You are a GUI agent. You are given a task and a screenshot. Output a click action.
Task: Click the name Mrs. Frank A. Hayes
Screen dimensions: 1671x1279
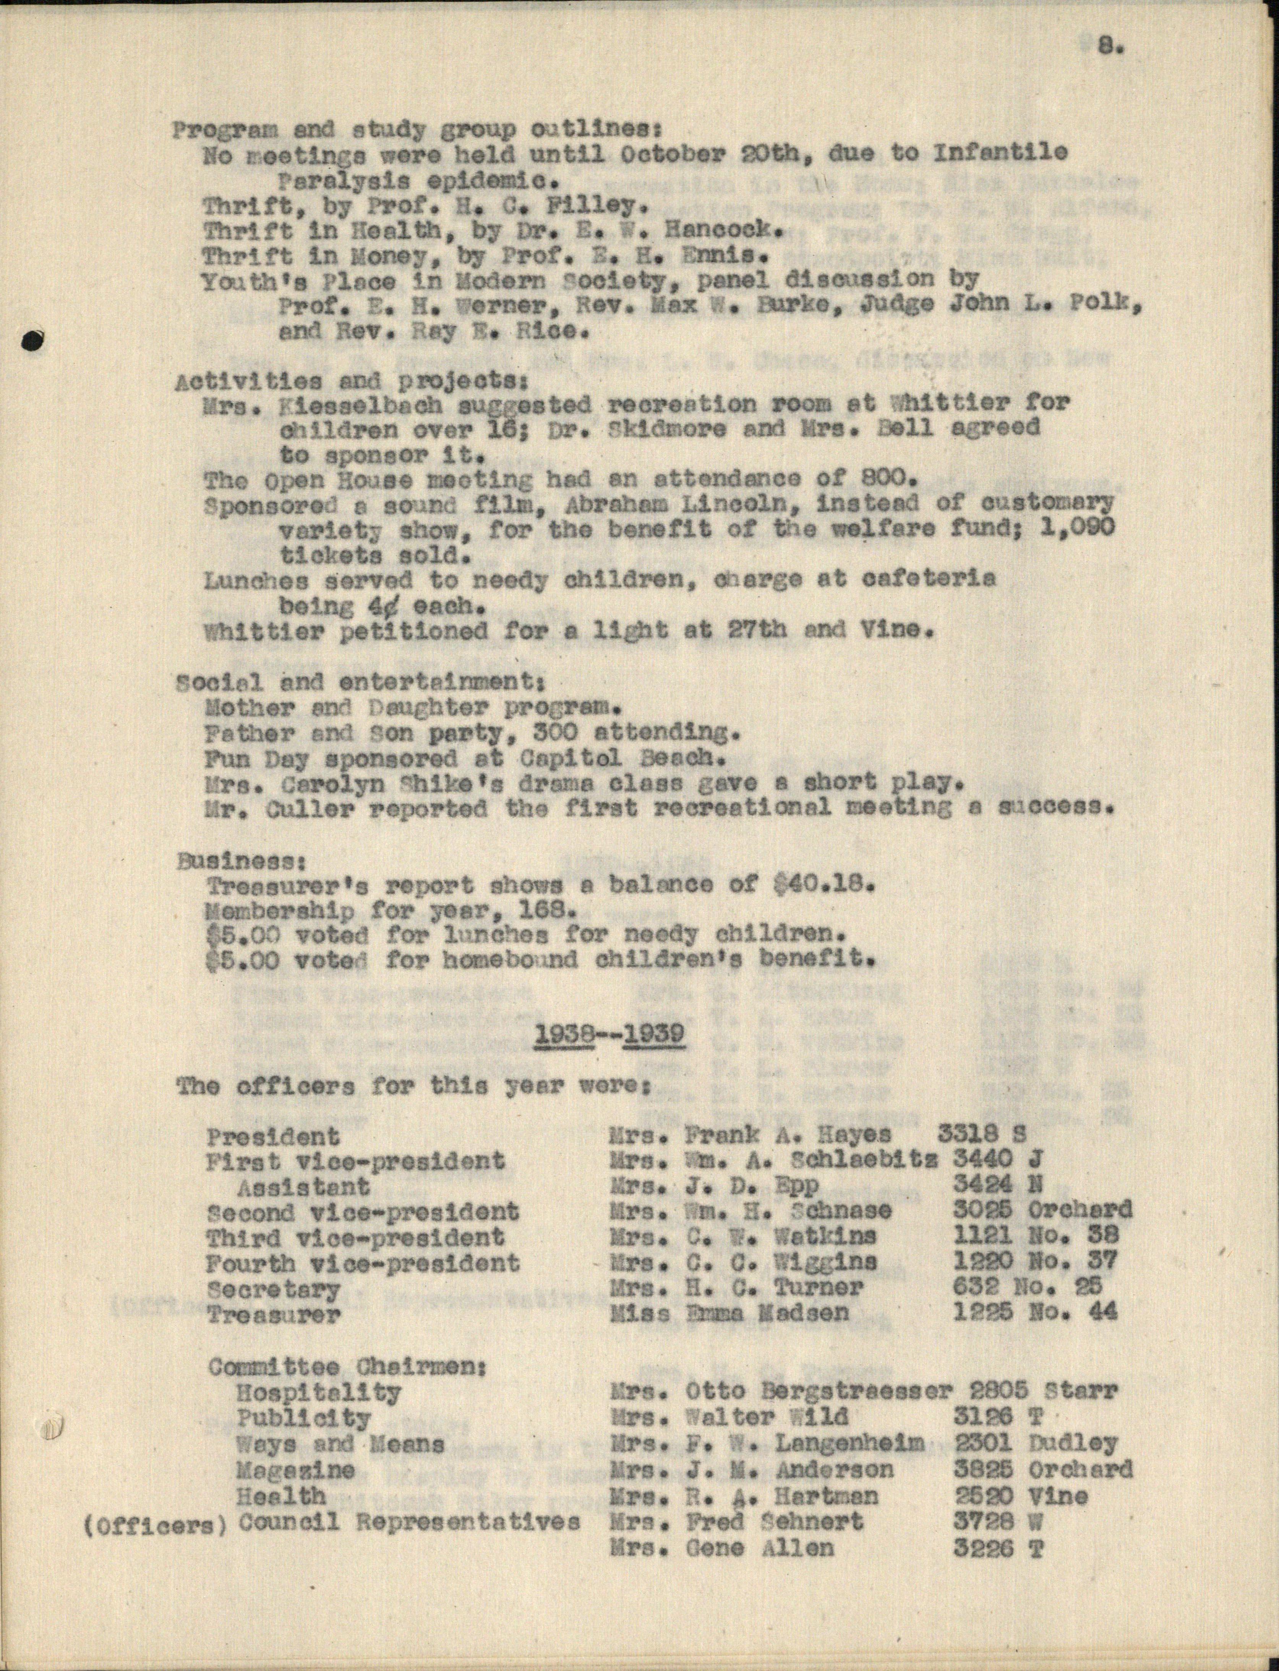[x=750, y=1134]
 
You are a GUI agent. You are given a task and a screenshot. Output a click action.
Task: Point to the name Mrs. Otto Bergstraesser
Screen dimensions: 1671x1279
[x=780, y=1392]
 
